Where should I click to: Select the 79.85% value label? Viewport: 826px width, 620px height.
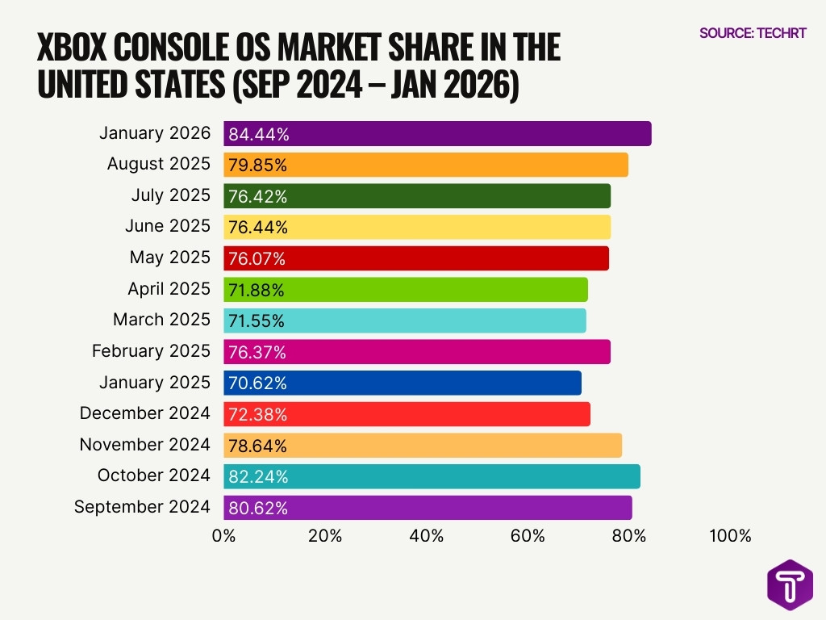[x=257, y=165]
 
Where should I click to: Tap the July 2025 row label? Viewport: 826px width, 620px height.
[x=170, y=195]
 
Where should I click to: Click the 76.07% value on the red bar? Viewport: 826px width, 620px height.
[x=257, y=259]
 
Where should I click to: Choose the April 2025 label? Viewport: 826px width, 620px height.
[x=169, y=289]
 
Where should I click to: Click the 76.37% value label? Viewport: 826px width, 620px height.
[x=257, y=353]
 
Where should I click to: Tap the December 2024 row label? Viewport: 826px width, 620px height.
[x=144, y=414]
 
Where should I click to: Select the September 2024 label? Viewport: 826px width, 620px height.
[x=142, y=508]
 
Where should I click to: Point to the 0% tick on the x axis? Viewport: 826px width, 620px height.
[x=223, y=536]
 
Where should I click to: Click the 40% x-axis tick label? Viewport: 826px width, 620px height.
[x=426, y=536]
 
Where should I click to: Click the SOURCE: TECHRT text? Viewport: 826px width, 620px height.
[x=753, y=34]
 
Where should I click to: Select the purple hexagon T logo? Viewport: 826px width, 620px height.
[x=790, y=584]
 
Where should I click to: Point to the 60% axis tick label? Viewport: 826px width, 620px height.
[x=528, y=536]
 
